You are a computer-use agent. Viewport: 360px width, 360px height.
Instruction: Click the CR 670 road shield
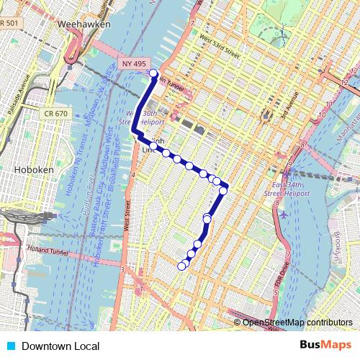click(x=55, y=113)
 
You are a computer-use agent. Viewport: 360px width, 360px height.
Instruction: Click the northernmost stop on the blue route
click(x=153, y=73)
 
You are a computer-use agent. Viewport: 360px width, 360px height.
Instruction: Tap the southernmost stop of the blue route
click(x=181, y=266)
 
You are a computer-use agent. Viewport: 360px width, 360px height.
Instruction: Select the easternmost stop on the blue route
click(x=224, y=190)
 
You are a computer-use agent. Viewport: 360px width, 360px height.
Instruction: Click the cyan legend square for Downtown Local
click(x=9, y=346)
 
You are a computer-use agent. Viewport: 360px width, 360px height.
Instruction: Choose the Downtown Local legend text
click(x=60, y=346)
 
